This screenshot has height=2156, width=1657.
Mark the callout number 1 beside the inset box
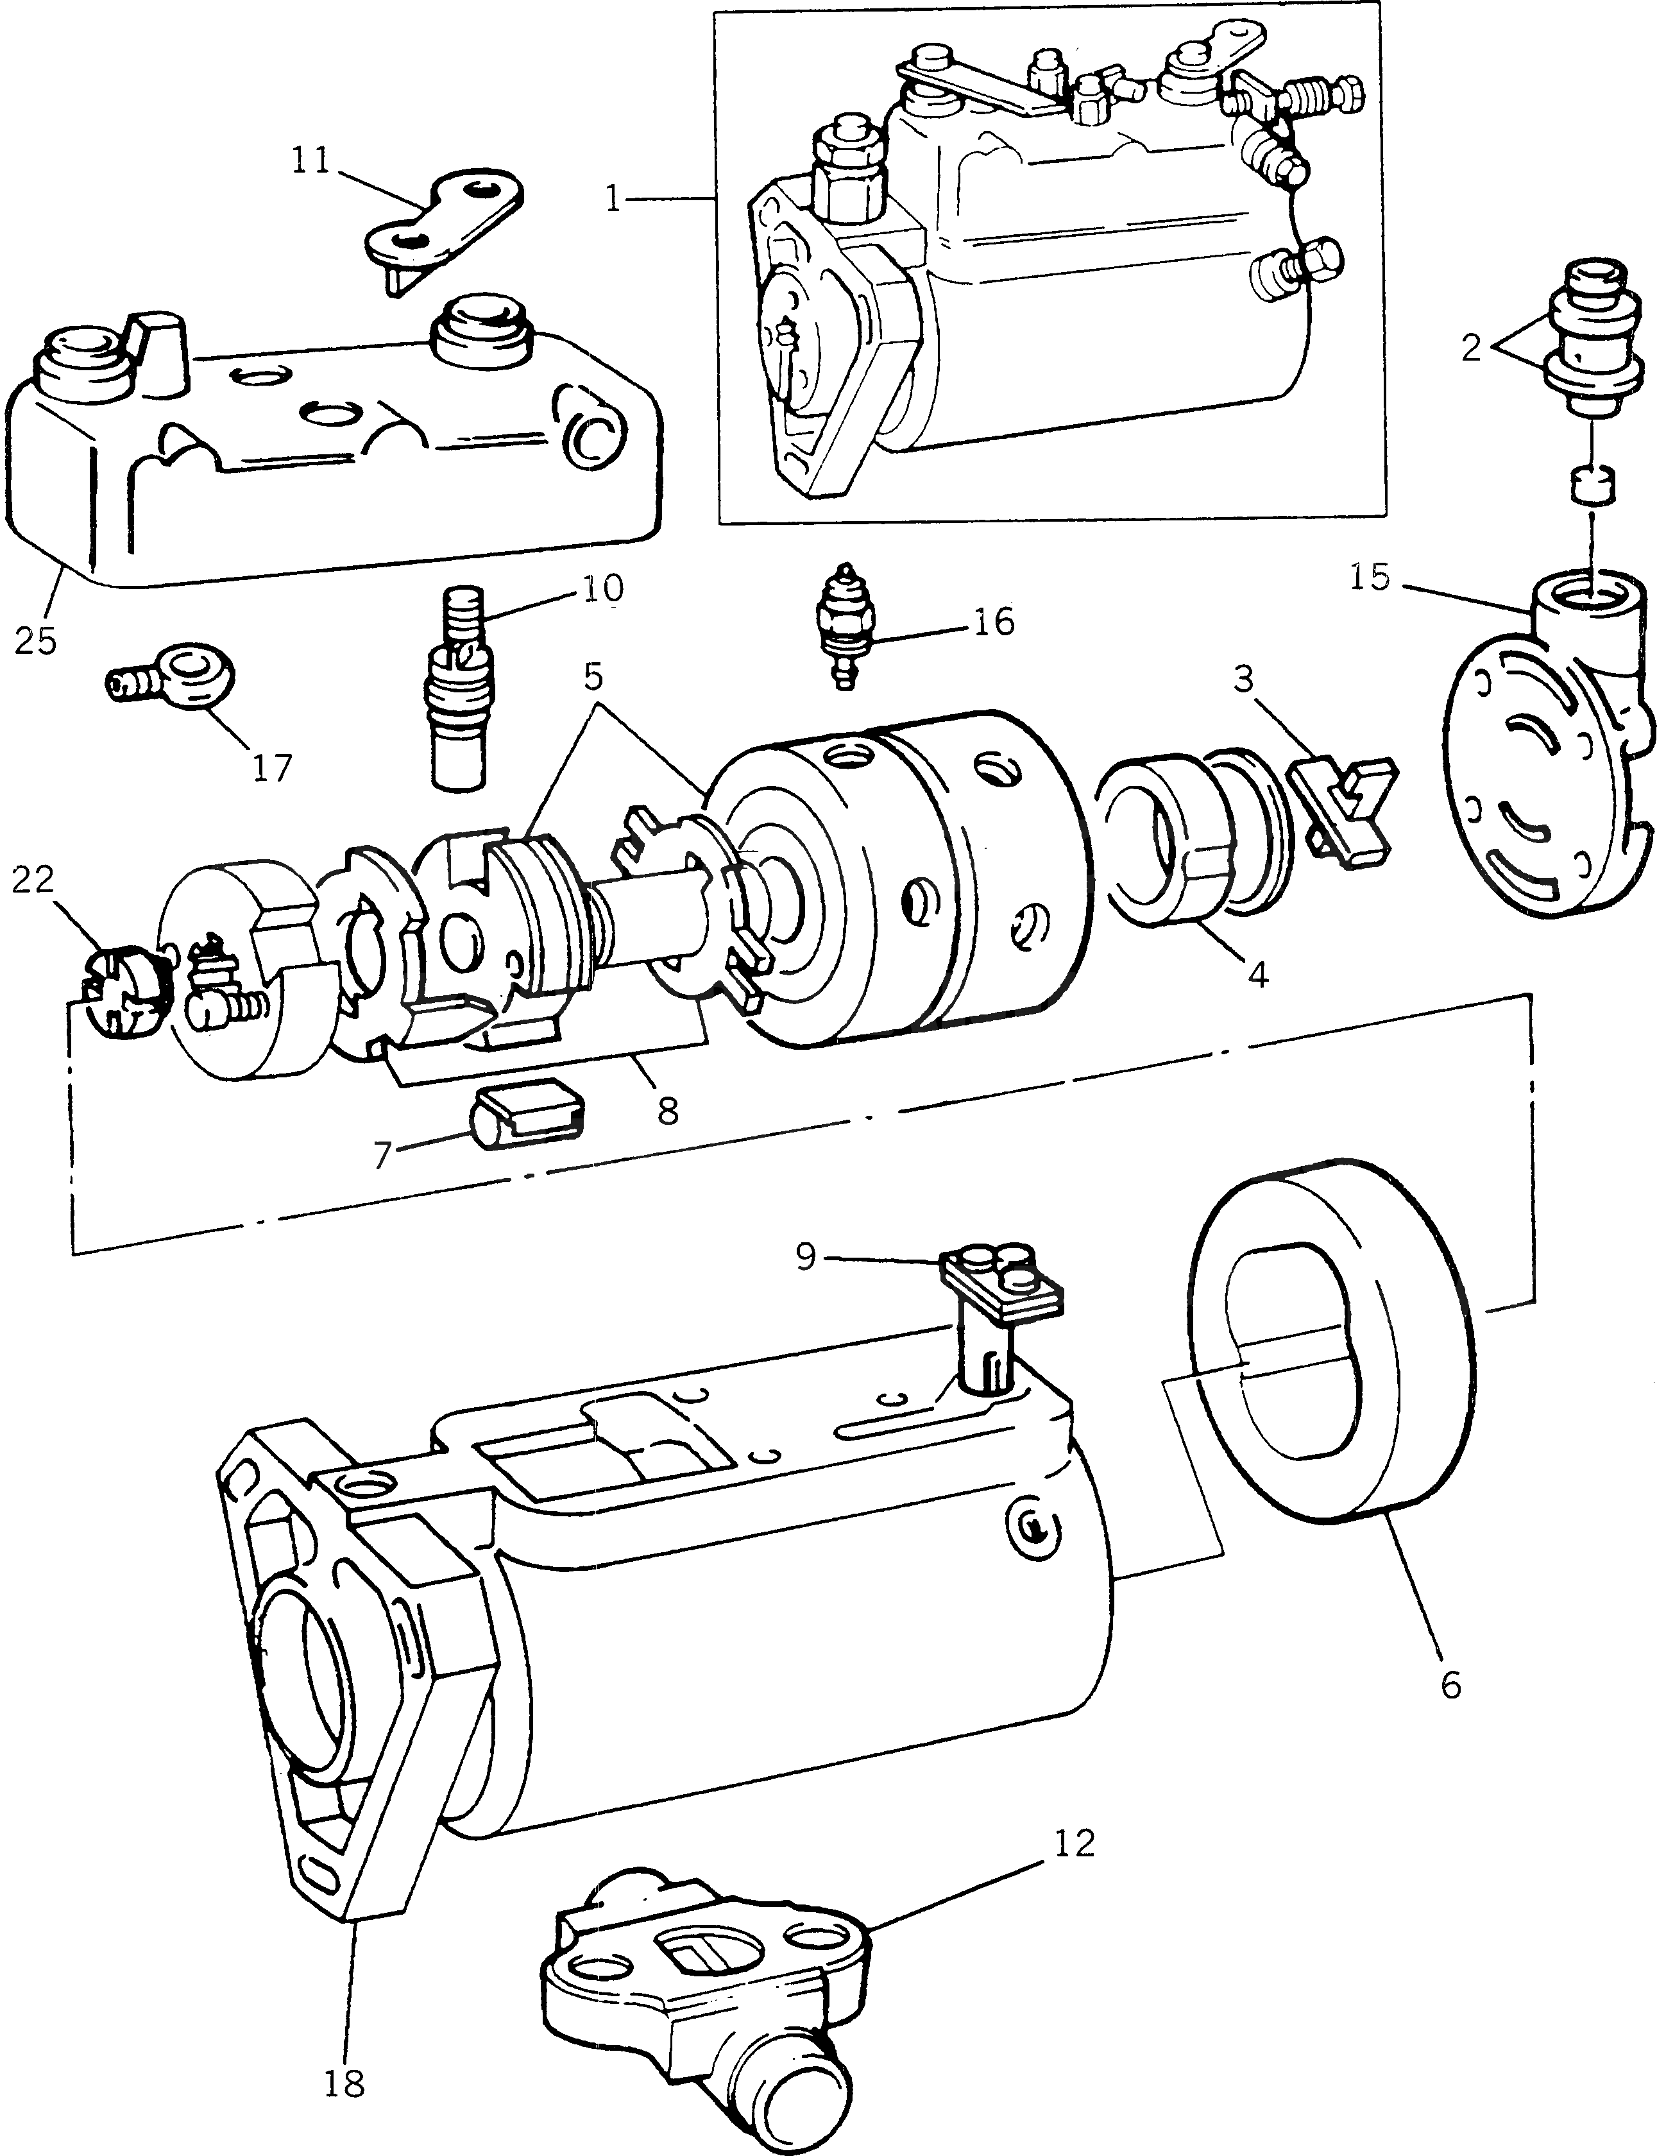pyautogui.click(x=613, y=200)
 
